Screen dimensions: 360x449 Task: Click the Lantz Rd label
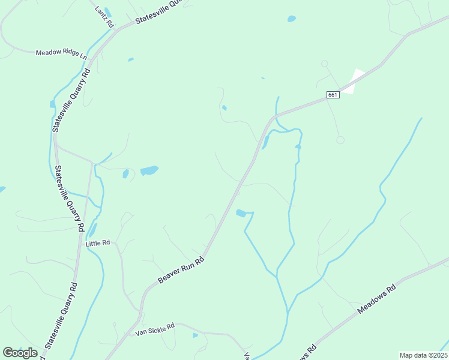point(104,17)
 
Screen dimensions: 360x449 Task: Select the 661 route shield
point(334,95)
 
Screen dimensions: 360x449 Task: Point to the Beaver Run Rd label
point(181,271)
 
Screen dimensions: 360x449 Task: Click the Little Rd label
point(98,243)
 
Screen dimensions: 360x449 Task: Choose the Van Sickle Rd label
point(154,329)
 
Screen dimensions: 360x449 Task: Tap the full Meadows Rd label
point(377,299)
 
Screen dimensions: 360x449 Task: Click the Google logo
point(20,353)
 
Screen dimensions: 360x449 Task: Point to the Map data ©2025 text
point(423,355)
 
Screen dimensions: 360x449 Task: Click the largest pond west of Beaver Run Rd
point(149,170)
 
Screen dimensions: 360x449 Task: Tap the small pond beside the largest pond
point(125,174)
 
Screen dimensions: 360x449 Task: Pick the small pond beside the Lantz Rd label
point(107,11)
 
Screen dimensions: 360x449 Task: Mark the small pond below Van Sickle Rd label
point(196,335)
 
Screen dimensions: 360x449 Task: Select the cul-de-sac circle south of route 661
point(340,140)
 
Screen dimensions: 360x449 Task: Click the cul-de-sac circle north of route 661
point(325,63)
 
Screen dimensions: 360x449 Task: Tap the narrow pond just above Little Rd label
point(92,230)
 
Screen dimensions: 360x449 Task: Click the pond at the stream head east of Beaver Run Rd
point(241,213)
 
